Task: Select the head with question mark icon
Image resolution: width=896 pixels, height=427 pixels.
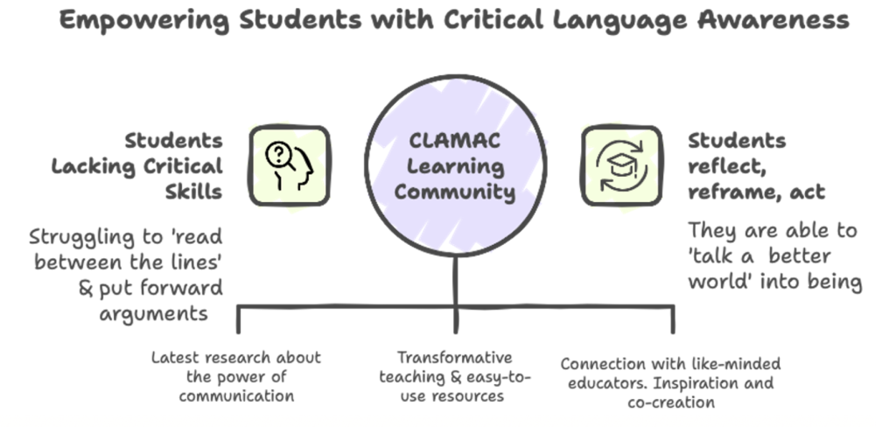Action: tap(289, 165)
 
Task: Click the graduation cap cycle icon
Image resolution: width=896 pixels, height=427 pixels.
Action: tap(621, 165)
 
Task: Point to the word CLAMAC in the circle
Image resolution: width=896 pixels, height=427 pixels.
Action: tap(454, 141)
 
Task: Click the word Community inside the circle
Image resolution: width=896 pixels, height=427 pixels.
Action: tap(454, 191)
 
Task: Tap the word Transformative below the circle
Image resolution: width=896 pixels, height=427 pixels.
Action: tap(454, 358)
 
